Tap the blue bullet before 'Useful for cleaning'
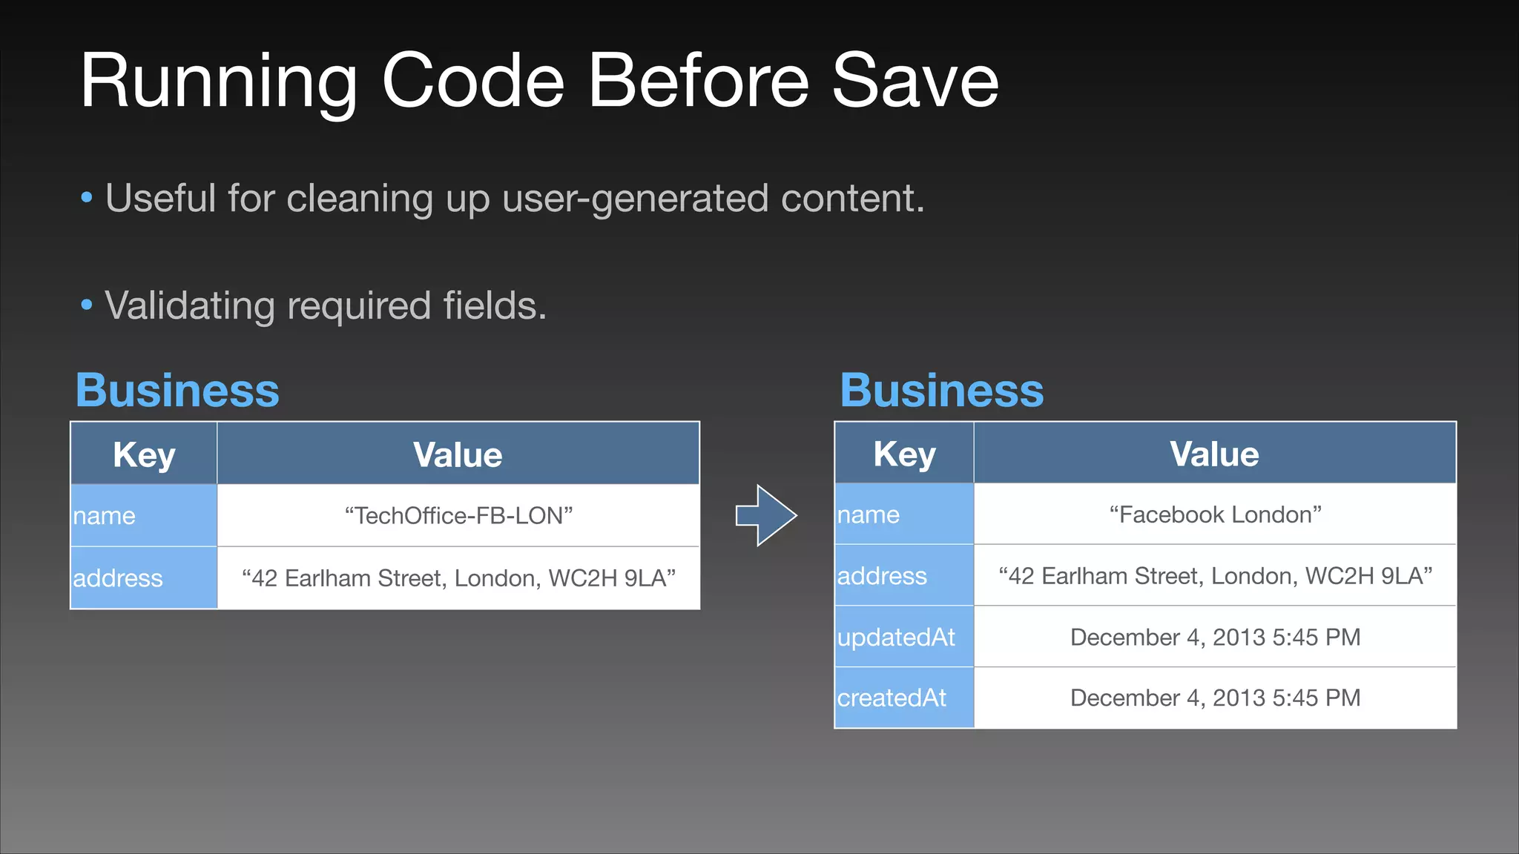87,198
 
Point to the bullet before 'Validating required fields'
87,305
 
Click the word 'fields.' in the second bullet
495,305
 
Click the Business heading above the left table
177,390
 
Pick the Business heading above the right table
942,390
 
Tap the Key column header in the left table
144,454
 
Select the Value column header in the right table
1214,454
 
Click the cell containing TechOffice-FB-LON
458,515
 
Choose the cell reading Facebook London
1215,514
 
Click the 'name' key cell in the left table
144,515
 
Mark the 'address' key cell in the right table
903,576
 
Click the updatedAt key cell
903,637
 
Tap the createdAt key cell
903,698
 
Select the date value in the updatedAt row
1215,637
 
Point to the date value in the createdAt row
1215,698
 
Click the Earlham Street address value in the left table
458,577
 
